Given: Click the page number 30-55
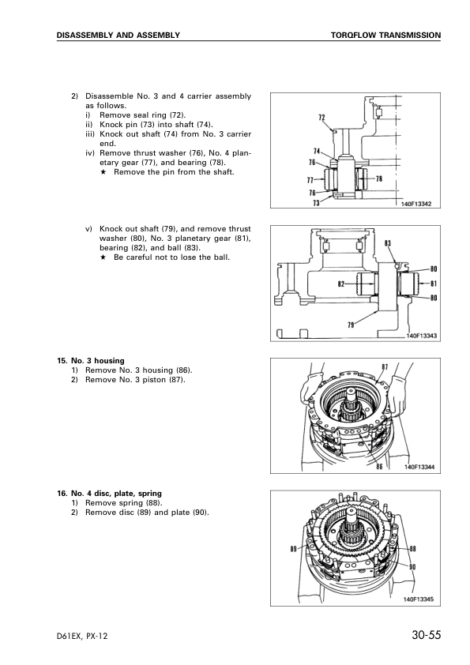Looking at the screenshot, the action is [426, 635].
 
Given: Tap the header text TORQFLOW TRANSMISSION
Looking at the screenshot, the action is [385, 36].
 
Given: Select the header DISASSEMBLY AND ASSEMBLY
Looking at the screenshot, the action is [118, 36].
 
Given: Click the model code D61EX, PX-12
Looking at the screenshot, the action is [82, 636].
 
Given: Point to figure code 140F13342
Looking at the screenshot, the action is [416, 204].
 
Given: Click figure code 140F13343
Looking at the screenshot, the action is [421, 336].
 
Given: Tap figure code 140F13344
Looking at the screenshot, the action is [419, 467].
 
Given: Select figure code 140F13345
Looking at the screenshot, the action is [418, 599].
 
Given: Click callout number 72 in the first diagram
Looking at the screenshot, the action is [321, 118].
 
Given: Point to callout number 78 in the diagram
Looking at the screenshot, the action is [379, 178].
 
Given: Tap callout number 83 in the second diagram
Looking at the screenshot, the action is [388, 243].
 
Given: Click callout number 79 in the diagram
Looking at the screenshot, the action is [351, 325].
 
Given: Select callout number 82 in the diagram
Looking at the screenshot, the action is [341, 284].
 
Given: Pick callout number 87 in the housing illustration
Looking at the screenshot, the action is [385, 366].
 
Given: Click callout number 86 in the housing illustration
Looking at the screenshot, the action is [379, 467].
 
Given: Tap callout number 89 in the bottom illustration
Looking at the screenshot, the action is [294, 549].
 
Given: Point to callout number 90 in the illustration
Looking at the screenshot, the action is [412, 567].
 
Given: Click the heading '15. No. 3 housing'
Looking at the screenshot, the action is [91, 361].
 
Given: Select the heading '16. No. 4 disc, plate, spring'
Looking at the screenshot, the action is [110, 494].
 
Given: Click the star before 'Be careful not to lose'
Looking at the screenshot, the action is [103, 257].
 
